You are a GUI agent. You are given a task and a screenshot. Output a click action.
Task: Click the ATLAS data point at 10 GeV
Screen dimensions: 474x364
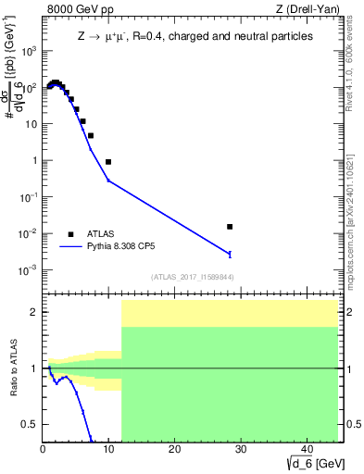coord(108,162)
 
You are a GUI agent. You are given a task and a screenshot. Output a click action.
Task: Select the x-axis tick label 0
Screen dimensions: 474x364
coord(44,449)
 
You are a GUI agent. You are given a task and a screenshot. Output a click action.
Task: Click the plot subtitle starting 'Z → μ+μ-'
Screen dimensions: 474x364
coord(194,35)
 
